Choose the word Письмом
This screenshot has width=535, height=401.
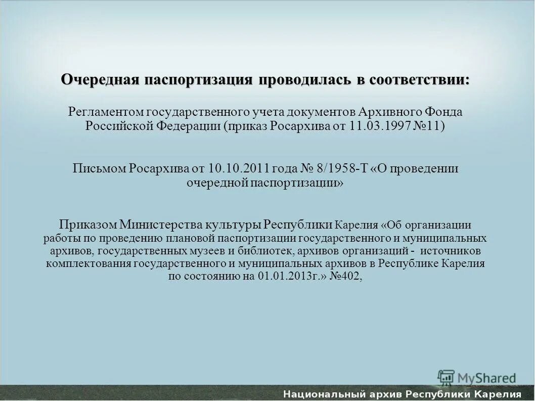(x=99, y=168)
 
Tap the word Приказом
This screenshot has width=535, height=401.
(x=87, y=225)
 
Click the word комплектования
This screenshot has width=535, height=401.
(x=81, y=264)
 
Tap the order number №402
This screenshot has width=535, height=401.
(x=346, y=277)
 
